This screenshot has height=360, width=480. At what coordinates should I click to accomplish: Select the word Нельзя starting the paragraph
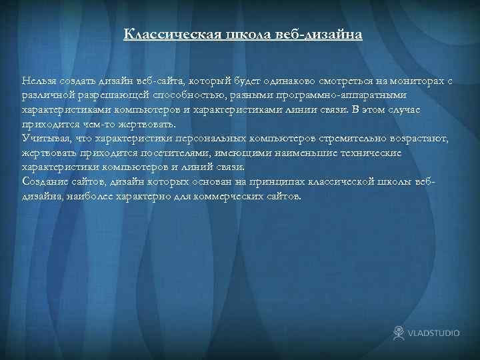pyautogui.click(x=38, y=81)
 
